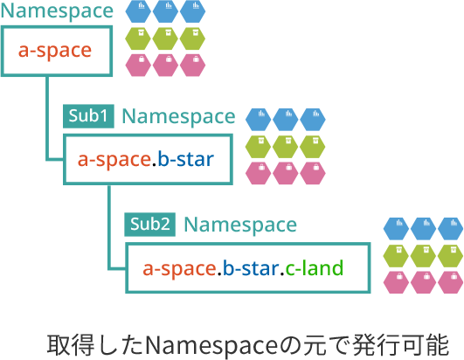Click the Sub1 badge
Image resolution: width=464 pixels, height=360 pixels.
click(88, 116)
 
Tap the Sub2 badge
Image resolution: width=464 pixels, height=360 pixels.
click(149, 225)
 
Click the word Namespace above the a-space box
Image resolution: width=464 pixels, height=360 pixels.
click(57, 11)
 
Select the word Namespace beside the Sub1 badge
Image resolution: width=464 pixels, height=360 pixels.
click(179, 116)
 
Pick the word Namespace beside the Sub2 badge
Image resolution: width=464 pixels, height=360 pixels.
click(240, 225)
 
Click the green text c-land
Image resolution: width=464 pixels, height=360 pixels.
click(315, 268)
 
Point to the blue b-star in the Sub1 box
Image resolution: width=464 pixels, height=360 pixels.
click(186, 159)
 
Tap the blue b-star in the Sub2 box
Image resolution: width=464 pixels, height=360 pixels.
click(250, 268)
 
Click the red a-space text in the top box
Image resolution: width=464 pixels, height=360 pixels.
click(55, 51)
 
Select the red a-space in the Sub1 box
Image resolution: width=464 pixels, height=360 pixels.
click(114, 160)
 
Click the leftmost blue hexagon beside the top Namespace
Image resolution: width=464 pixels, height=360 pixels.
click(138, 11)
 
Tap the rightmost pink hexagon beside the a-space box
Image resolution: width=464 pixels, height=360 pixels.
click(192, 66)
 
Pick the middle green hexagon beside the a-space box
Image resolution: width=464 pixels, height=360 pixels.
click(165, 38)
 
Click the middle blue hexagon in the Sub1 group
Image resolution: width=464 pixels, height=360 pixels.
click(285, 120)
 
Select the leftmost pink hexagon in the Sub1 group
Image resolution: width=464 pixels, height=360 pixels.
click(259, 173)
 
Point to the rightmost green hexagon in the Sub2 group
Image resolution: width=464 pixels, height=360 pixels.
click(450, 256)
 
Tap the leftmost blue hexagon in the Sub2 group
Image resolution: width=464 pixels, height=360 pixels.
click(396, 229)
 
